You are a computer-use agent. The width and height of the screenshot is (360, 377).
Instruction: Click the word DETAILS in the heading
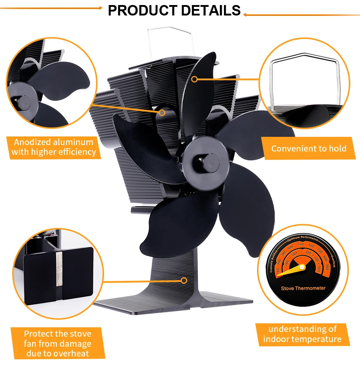click(211, 10)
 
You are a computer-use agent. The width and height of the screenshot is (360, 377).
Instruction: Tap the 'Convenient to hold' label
click(309, 148)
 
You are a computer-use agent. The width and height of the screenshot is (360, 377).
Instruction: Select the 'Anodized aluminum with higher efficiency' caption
click(54, 147)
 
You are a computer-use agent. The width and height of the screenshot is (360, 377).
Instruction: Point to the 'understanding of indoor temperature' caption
click(302, 334)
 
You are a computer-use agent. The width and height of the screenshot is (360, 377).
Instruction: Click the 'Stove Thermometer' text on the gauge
click(303, 288)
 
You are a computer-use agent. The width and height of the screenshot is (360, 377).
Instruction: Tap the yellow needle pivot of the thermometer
click(302, 267)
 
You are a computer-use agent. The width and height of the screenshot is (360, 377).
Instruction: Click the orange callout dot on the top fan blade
click(194, 79)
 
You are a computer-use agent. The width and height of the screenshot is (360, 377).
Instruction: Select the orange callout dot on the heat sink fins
click(162, 113)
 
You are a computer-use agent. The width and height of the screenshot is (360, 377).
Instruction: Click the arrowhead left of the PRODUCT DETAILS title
click(100, 8)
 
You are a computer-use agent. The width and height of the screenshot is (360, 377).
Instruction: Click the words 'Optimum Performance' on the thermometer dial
click(302, 239)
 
